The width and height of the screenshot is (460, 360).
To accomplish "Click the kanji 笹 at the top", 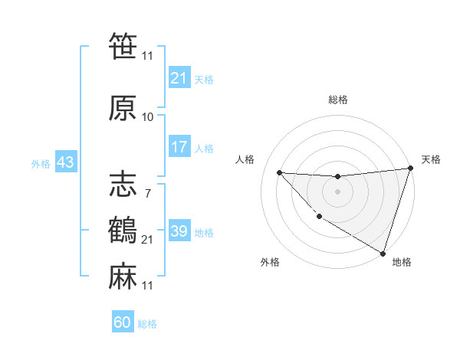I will (x=123, y=47).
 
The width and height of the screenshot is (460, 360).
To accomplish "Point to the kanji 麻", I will (x=123, y=275).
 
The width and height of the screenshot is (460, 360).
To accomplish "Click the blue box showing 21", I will (x=179, y=78).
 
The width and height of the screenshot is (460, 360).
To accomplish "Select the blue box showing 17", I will (x=179, y=147).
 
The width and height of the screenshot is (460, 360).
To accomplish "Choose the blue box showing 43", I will (x=64, y=162).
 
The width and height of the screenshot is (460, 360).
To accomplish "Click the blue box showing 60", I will (x=123, y=322).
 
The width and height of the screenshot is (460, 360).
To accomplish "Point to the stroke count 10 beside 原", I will (x=147, y=117).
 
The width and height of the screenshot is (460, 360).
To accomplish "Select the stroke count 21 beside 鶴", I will (x=147, y=240).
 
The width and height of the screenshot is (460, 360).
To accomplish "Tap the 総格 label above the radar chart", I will (x=337, y=100).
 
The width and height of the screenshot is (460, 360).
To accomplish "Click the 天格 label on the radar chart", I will (x=431, y=159).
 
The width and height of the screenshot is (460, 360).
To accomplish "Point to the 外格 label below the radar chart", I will (x=269, y=262).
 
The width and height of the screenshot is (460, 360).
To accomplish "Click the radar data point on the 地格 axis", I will (x=383, y=253).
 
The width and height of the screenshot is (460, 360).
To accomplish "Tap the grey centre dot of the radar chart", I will (x=337, y=191).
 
